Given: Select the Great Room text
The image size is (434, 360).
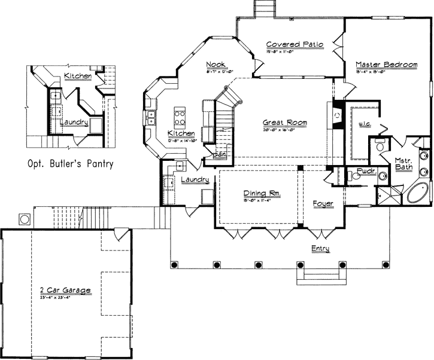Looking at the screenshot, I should (x=285, y=123).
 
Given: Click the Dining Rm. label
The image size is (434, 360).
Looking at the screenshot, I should (x=262, y=194).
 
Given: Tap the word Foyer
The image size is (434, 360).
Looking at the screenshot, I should (x=323, y=204).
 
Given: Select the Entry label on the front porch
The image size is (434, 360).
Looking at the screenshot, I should (x=319, y=248).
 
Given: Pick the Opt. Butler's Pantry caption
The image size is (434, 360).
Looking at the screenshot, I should (x=71, y=163).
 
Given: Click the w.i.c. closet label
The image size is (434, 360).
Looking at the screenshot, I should (x=365, y=124).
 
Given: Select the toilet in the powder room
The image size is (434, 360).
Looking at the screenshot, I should (x=351, y=176).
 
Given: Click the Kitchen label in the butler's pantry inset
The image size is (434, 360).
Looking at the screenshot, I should (x=78, y=77).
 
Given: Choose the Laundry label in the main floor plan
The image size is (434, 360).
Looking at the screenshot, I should (x=195, y=180).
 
